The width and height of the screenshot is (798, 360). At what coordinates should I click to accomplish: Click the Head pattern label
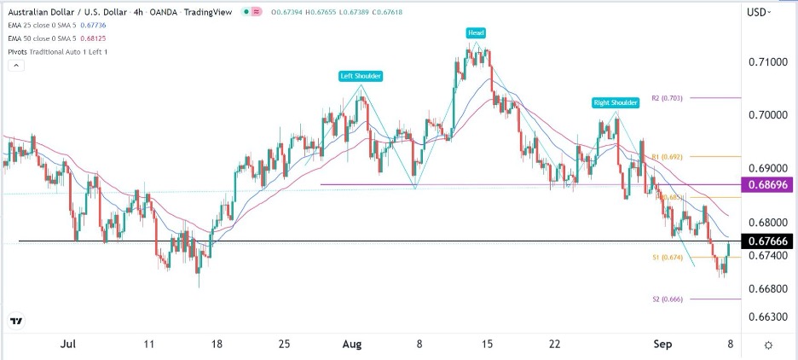point(475,32)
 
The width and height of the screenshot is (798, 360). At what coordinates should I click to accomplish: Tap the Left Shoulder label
point(361,76)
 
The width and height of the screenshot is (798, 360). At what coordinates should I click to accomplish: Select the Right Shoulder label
point(616,102)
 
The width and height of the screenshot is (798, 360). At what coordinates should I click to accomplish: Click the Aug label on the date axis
point(352,344)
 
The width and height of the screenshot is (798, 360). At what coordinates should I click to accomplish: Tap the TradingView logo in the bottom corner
point(15,321)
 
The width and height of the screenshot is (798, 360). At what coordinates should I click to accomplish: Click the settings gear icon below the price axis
point(768,344)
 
